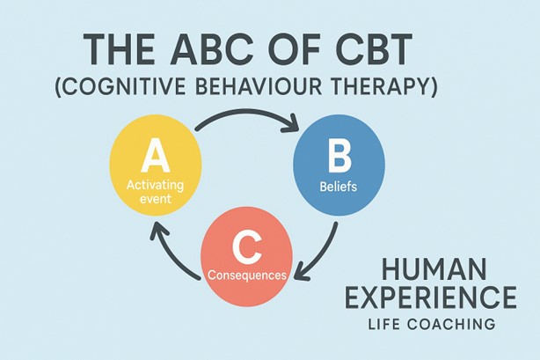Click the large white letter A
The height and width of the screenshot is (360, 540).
pyautogui.click(x=156, y=155)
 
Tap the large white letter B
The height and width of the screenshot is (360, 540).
pyautogui.click(x=339, y=158)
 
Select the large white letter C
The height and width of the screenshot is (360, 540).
pyautogui.click(x=246, y=247)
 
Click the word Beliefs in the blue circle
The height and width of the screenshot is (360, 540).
pyautogui.click(x=339, y=187)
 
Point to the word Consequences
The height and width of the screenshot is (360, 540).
pyautogui.click(x=247, y=276)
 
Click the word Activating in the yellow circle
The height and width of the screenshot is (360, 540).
pyautogui.click(x=155, y=185)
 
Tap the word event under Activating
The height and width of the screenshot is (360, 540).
pyautogui.click(x=156, y=199)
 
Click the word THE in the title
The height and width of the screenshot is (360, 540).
pyautogui.click(x=119, y=49)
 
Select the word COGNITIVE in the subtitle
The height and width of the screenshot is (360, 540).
pyautogui.click(x=125, y=86)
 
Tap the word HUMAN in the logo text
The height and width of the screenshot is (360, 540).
pyautogui.click(x=434, y=270)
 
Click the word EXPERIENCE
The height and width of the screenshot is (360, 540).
pyautogui.click(x=431, y=298)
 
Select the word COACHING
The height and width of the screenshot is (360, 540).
pyautogui.click(x=451, y=325)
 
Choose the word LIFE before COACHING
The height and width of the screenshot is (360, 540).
pyautogui.click(x=383, y=325)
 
